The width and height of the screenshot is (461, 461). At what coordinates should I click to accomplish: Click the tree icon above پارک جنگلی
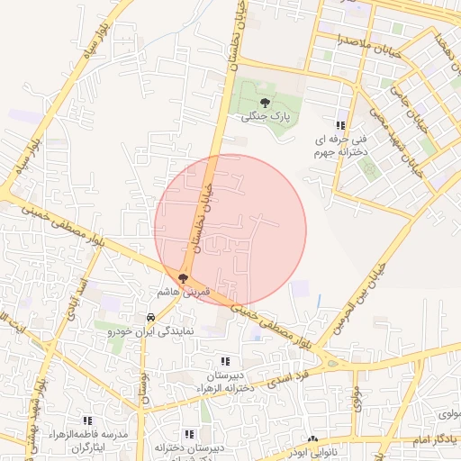point(264,104)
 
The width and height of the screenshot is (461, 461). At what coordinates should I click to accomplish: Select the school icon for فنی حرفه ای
point(339,126)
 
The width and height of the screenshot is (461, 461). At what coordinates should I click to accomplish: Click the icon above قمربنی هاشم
point(184,279)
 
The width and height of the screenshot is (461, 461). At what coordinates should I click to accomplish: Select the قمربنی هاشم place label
point(184,293)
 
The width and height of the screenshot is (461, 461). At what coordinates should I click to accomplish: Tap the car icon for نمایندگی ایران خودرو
point(150,317)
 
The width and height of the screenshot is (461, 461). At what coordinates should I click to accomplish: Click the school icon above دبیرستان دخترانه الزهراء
point(225,361)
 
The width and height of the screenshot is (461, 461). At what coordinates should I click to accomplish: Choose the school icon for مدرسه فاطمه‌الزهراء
point(87,420)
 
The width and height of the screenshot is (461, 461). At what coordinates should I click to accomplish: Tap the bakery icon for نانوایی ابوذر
point(312,439)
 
